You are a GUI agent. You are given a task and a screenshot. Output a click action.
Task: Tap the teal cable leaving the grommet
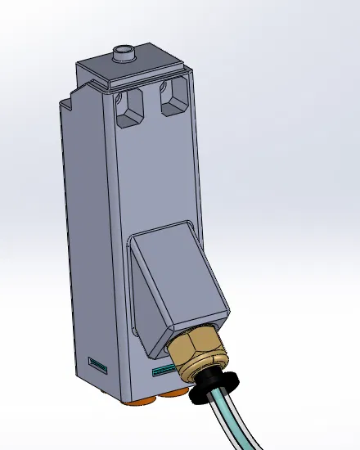coord(233,421)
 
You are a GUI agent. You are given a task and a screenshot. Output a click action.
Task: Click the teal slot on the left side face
coord(97,362)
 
